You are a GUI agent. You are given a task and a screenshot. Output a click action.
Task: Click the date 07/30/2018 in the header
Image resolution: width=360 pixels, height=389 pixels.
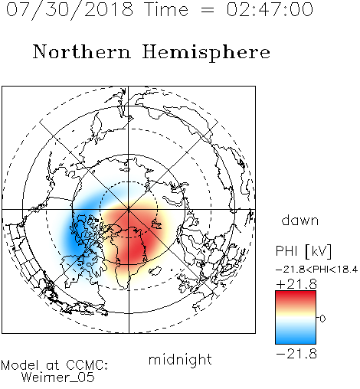click(70, 10)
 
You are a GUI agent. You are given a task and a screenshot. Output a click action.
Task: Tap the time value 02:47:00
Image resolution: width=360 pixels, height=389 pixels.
click(270, 9)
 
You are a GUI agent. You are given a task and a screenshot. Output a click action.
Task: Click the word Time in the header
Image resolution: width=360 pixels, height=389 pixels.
click(166, 9)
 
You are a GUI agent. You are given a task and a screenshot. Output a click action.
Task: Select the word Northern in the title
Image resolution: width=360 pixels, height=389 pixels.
click(82, 52)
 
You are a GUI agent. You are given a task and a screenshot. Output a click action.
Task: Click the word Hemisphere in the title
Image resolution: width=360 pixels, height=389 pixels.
click(206, 53)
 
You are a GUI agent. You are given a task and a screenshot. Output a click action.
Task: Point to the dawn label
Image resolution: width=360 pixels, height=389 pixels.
click(300, 220)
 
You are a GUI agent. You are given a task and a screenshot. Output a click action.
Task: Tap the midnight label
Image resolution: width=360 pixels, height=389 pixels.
click(180, 359)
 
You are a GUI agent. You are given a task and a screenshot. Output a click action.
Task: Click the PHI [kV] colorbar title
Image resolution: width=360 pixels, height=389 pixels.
click(303, 251)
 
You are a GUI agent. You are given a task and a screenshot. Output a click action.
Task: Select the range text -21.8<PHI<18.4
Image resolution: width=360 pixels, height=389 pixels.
click(316, 270)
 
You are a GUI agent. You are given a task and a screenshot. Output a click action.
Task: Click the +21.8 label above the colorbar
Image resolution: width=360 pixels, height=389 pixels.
click(296, 284)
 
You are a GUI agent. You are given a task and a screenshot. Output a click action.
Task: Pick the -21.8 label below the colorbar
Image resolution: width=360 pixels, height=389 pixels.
click(296, 354)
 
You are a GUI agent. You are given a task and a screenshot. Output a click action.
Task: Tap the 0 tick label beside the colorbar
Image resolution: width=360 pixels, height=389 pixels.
click(322, 319)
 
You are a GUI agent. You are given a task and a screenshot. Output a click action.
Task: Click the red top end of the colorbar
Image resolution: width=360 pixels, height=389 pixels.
click(296, 293)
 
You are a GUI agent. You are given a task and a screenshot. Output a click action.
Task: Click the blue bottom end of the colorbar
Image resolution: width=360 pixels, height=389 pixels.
click(296, 342)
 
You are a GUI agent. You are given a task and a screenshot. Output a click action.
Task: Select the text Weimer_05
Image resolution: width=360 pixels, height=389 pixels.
click(58, 377)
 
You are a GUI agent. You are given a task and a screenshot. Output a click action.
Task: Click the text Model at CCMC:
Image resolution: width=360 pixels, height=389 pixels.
click(54, 365)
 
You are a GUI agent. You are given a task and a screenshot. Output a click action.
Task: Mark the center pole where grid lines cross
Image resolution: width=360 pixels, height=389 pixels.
click(129, 209)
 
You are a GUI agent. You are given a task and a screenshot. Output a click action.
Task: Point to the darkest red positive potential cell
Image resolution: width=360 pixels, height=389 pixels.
click(136, 245)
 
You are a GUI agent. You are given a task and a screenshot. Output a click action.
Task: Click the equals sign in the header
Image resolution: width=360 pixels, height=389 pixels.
click(208, 11)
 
